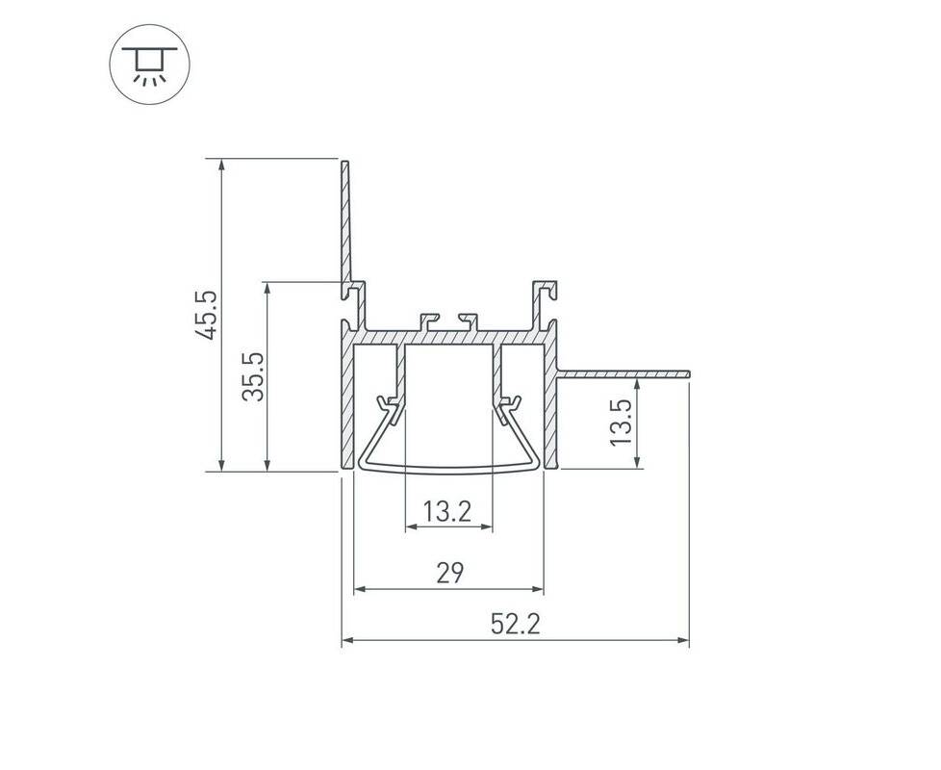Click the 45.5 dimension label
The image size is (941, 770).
[205, 315]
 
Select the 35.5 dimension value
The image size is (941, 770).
[253, 377]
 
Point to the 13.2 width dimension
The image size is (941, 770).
[447, 512]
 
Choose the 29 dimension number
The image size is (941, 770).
[450, 573]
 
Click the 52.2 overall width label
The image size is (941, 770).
[516, 624]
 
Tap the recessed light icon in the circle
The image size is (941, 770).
[149, 64]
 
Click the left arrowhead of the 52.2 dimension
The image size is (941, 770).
[347, 640]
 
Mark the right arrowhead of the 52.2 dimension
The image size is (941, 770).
[683, 640]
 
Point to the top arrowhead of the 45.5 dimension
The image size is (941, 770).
[222, 165]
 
